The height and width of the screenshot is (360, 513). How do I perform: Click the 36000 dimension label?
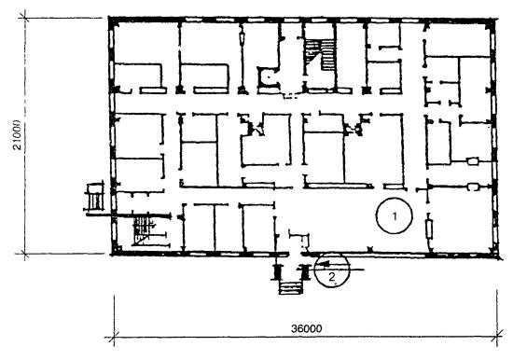tap(307, 328)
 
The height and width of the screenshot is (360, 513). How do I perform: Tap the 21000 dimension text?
tap(17, 135)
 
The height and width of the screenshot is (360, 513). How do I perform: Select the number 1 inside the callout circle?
tap(395, 216)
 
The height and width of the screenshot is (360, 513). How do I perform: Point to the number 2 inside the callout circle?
tap(332, 277)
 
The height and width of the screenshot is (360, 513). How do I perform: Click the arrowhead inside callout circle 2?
tap(324, 263)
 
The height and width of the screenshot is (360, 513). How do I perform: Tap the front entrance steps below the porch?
tap(290, 287)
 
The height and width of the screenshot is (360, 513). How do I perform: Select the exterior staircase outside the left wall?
tap(95, 198)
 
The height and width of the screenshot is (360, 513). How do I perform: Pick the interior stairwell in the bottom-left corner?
tap(144, 229)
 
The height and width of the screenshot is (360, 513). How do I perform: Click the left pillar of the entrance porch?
tap(276, 271)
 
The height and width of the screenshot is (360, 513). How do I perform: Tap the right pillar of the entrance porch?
tap(306, 271)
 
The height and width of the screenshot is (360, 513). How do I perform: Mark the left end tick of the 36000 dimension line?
tap(114, 337)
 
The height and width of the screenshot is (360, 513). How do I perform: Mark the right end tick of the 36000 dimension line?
tap(497, 337)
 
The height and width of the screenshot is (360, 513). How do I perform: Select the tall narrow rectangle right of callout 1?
tap(429, 229)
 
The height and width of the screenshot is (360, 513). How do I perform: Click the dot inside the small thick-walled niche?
tap(269, 77)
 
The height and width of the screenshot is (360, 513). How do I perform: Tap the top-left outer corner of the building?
tap(110, 18)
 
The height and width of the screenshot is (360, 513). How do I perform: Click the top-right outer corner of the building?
tap(496, 19)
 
